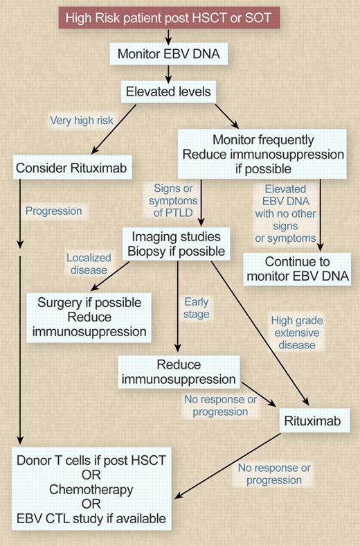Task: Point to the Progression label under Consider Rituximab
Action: click(x=53, y=210)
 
